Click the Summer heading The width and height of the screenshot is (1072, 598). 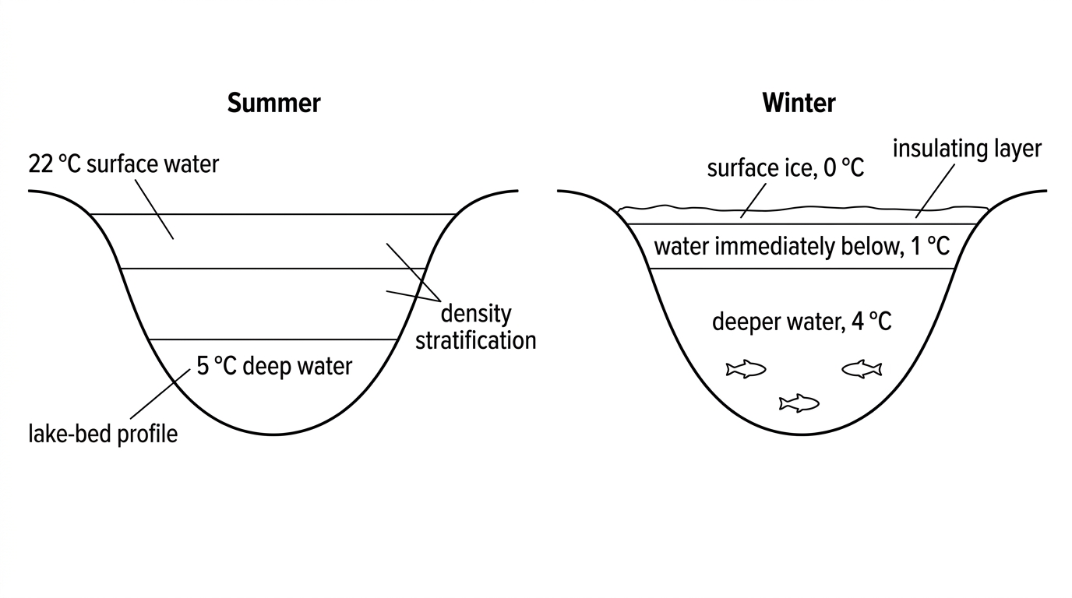tap(273, 103)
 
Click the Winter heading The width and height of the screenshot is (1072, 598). tap(799, 103)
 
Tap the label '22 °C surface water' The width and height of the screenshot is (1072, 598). tap(123, 164)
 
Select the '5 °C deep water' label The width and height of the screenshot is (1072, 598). tap(274, 367)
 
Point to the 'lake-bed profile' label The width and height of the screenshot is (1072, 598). tap(103, 434)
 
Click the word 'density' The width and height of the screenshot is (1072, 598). tap(476, 315)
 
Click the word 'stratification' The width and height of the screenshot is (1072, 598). tap(476, 340)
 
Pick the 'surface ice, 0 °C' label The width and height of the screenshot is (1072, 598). tap(785, 168)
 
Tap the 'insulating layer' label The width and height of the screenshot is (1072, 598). tap(967, 149)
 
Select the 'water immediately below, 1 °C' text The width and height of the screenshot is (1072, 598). tap(802, 247)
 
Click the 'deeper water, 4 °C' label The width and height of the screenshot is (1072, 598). tap(802, 322)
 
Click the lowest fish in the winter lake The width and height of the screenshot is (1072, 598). tap(799, 403)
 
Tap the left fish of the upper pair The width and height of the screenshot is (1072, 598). tap(746, 369)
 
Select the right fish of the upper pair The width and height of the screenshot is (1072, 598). tap(862, 369)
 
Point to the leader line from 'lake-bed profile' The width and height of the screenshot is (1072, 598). tap(160, 394)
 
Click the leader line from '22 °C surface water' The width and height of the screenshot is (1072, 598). tap(154, 209)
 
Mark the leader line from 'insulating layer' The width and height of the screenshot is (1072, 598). tap(935, 192)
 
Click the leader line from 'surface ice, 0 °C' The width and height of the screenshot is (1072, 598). tap(753, 201)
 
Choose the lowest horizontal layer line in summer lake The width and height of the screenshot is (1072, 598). tap(273, 339)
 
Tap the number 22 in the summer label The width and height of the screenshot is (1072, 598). tap(41, 164)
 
